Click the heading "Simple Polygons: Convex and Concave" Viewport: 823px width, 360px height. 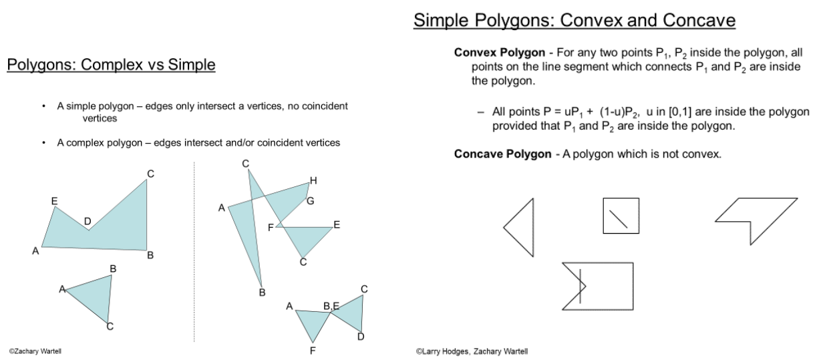coord(574,21)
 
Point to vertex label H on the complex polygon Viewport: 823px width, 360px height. coord(313,180)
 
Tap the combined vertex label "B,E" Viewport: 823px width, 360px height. coord(331,306)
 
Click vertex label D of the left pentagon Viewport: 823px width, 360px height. coord(88,221)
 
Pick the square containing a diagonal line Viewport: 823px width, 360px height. coord(621,216)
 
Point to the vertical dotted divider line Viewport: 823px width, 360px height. coord(194,254)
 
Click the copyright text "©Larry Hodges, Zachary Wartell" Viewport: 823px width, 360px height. coord(472,351)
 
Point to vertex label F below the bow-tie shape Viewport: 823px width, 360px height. coord(312,349)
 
